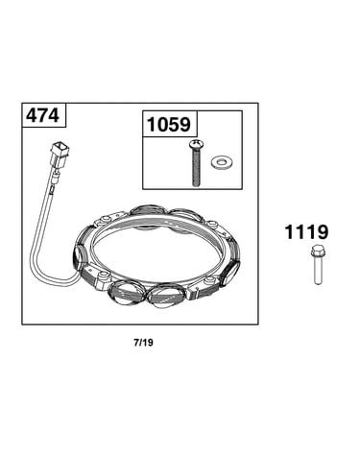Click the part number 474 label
click(42, 115)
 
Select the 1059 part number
click(169, 124)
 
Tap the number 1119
click(306, 232)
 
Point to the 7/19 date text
click(144, 343)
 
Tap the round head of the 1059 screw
click(196, 145)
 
